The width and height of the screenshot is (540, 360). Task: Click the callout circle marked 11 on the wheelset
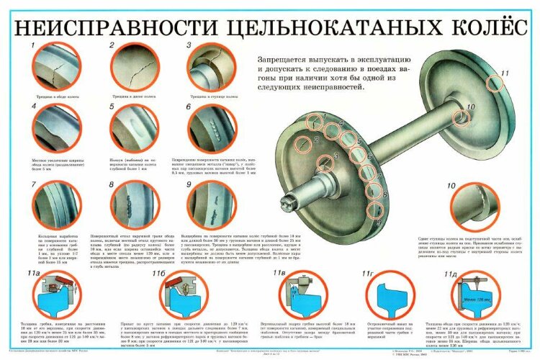tap(495, 83)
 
